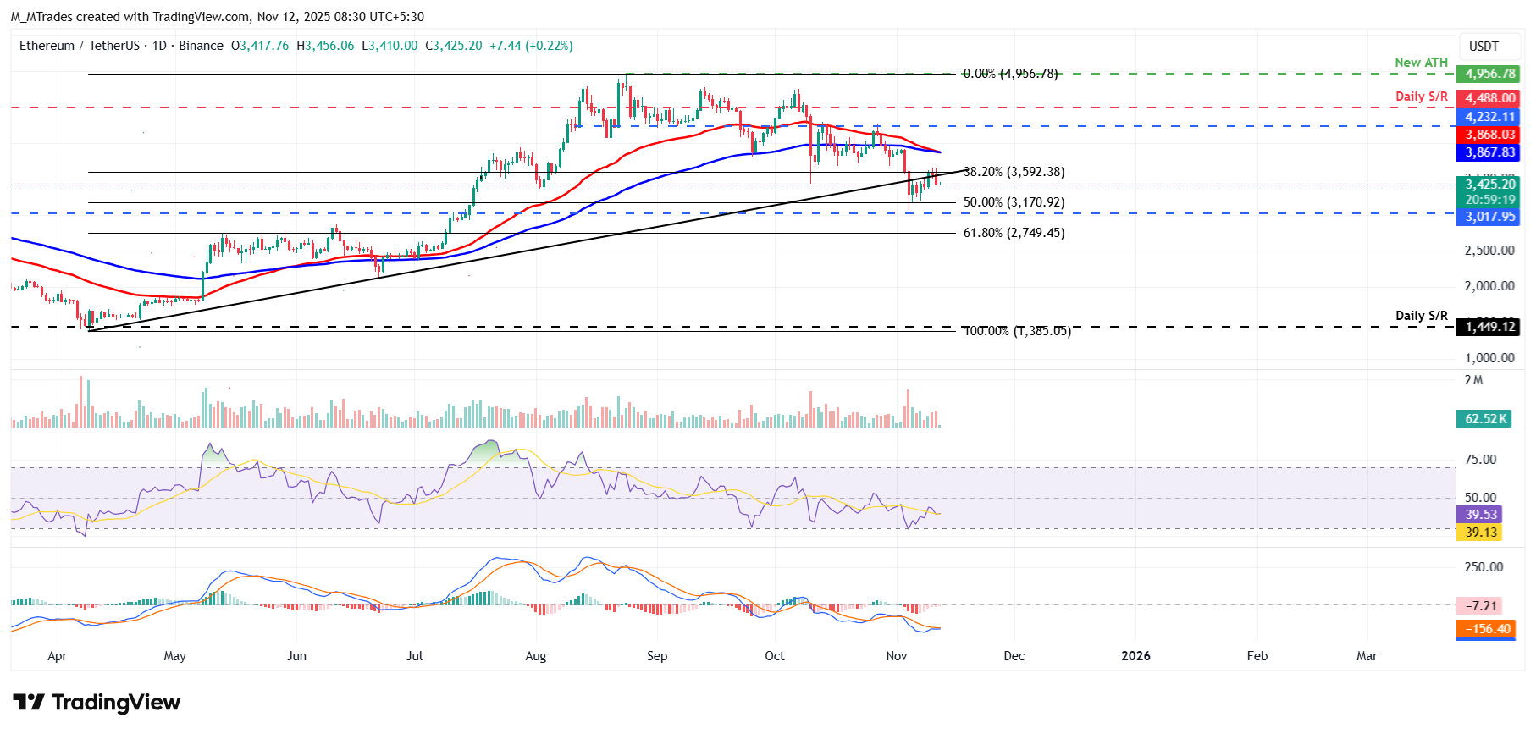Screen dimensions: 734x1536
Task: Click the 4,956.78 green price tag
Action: [x=1489, y=74]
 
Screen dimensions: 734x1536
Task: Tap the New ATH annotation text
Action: [x=1421, y=63]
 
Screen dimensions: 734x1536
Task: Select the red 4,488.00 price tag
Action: [x=1489, y=98]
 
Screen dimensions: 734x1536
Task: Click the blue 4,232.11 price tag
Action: [x=1489, y=117]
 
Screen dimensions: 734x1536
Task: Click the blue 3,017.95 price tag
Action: [x=1489, y=217]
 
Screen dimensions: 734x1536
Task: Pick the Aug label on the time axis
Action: [x=535, y=656]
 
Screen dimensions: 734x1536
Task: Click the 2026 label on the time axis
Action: [x=1135, y=656]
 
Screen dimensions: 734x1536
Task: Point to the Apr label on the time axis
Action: [x=57, y=656]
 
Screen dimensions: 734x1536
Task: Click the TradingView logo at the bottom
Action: [x=97, y=703]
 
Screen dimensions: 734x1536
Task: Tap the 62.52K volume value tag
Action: [x=1485, y=419]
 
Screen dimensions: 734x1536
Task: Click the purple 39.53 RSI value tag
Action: [x=1481, y=515]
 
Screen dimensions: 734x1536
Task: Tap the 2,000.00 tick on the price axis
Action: [x=1489, y=286]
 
